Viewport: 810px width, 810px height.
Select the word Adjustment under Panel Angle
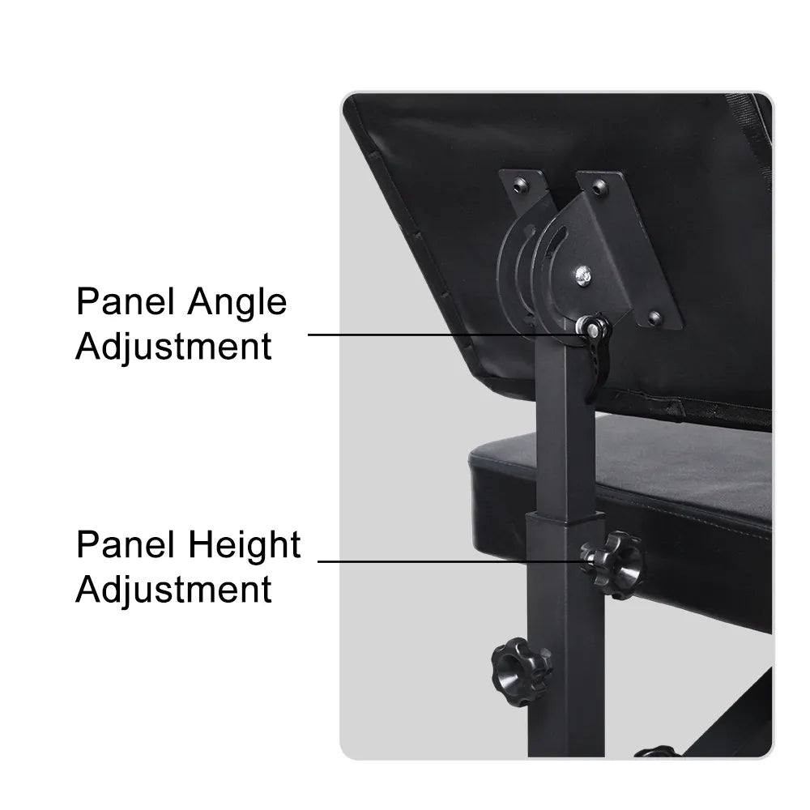point(173,346)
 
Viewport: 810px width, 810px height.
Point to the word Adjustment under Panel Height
point(173,589)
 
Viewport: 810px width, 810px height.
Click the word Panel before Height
point(125,544)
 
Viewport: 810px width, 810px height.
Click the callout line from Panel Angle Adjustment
point(448,335)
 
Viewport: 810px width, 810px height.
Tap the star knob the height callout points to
point(612,565)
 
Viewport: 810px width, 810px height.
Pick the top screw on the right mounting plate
point(599,188)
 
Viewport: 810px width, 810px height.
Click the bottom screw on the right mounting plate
point(654,317)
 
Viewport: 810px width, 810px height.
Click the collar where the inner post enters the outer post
point(565,518)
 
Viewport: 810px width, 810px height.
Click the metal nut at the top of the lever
point(590,326)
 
